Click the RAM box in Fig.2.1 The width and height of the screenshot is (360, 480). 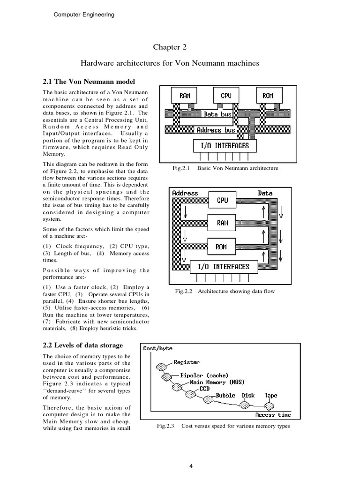(185, 96)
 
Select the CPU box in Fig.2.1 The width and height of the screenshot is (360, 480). (226, 96)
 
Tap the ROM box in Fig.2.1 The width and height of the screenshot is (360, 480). (268, 96)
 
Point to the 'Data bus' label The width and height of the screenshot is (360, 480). (217, 114)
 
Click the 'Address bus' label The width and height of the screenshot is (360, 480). (216, 130)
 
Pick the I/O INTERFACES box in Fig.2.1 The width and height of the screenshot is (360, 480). (222, 146)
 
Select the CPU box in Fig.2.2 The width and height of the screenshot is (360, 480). (223, 200)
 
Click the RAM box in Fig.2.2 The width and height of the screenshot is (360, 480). (223, 223)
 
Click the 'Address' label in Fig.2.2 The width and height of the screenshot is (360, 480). (185, 193)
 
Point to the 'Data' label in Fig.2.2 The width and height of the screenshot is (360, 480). (265, 193)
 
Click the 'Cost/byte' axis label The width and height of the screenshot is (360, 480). (158, 348)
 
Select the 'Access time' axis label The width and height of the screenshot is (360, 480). (273, 415)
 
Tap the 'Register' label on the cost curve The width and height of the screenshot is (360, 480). (186, 362)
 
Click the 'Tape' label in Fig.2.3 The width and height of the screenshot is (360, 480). (271, 395)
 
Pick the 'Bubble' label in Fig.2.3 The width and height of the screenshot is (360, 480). (225, 395)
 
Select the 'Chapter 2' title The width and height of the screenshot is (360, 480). (167, 47)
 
